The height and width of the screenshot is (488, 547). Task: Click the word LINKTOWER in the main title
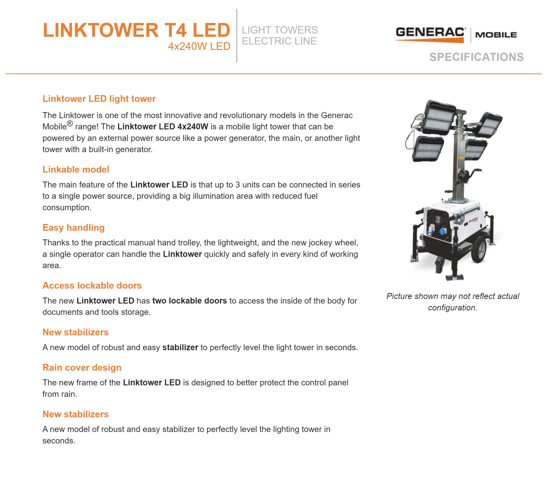point(101,30)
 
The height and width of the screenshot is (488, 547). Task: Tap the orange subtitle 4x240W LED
point(199,46)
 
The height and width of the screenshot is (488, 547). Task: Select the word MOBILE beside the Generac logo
point(496,35)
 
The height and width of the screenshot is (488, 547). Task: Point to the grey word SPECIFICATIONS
point(476,57)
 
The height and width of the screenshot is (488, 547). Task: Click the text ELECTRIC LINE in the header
point(279,41)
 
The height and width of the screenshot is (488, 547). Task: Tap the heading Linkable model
point(76,169)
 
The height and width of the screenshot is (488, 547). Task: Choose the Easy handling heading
point(73,228)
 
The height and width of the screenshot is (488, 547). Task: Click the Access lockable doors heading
point(92,285)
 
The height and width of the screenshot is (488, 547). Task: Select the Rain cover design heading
point(82,368)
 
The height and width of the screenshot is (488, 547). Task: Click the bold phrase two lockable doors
point(189,301)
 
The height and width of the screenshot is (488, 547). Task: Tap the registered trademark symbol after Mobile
point(70,124)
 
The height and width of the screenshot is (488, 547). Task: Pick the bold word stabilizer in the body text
point(180,347)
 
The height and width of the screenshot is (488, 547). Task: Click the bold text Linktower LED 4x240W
point(163,127)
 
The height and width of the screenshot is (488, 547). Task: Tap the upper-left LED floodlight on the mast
point(440,117)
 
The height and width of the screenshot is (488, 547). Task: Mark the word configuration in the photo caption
point(452,308)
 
